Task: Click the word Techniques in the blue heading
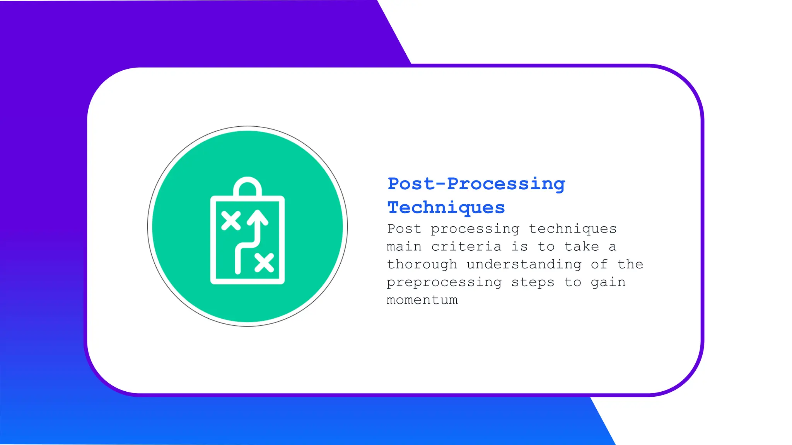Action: [x=446, y=208]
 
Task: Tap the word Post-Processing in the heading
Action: [x=476, y=184]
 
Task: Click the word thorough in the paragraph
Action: [x=422, y=264]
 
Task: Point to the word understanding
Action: [x=524, y=265]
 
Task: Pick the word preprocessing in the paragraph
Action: [x=444, y=282]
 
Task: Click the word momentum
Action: [x=422, y=300]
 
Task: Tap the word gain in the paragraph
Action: [x=608, y=282]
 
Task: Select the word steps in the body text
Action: [x=533, y=282]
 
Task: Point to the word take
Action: [x=582, y=246]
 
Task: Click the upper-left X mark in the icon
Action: [x=231, y=221]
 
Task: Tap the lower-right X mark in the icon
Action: [x=265, y=263]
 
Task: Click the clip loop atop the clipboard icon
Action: [x=247, y=186]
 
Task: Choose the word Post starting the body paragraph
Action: [x=404, y=229]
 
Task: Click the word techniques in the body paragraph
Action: [x=572, y=229]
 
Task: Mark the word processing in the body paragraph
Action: [x=475, y=229]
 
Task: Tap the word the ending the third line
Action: [x=630, y=264]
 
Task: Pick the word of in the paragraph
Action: [x=599, y=264]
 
